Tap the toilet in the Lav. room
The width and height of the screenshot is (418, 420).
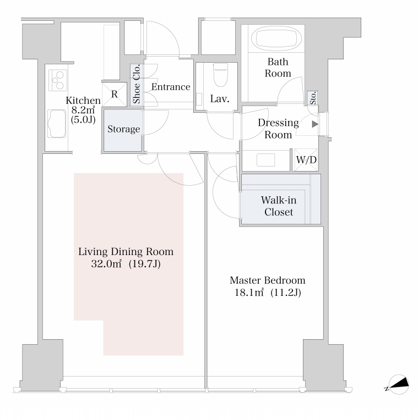point(220,75)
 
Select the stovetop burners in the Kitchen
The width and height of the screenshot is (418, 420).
point(58,80)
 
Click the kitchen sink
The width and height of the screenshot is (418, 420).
point(57,124)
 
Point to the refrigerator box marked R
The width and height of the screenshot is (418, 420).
point(115,94)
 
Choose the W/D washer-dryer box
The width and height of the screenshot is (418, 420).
point(306,160)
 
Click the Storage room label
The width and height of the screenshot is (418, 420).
point(124,129)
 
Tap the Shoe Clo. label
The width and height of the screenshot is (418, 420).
point(137,84)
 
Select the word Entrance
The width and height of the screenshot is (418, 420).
point(171,87)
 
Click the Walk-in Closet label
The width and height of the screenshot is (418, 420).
point(279,206)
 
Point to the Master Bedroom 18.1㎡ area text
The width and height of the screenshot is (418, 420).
point(268,292)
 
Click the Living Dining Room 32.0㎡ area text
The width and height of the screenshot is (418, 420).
point(126,264)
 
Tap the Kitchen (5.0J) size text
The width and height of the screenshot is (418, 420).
point(83,120)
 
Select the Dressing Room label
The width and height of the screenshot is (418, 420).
point(278,129)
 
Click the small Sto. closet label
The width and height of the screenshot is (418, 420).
point(313,98)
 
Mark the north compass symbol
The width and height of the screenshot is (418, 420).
point(399,385)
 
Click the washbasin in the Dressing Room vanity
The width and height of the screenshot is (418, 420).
point(265,160)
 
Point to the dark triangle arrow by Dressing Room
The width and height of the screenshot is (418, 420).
point(315,124)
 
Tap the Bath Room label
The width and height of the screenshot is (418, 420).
point(278,68)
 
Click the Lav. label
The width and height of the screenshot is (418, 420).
point(220,99)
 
